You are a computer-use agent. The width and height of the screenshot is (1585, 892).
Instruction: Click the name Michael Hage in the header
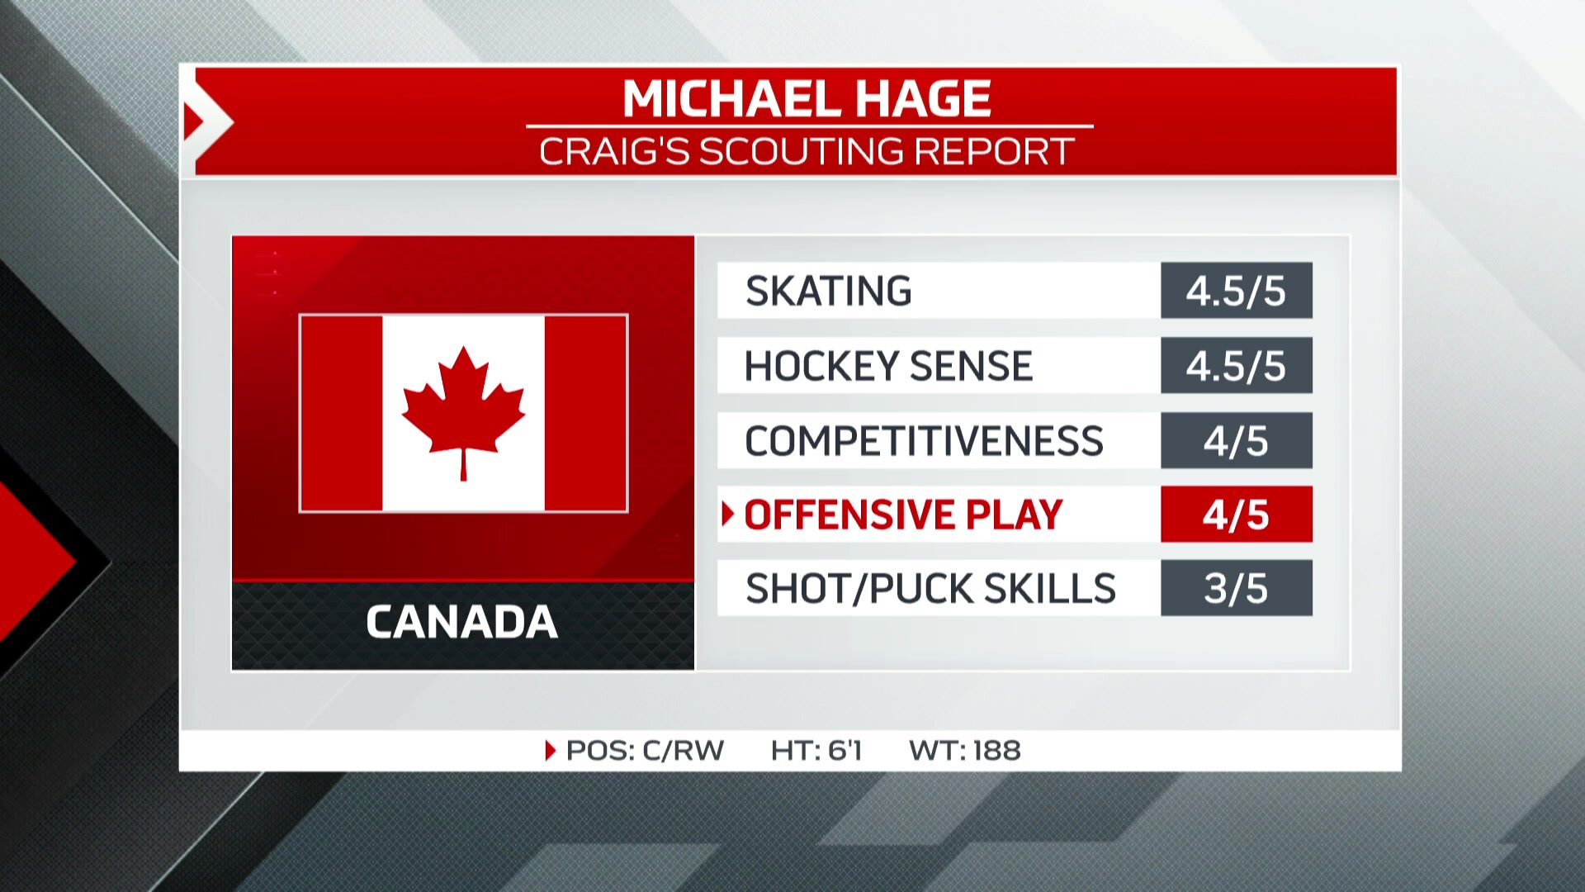[x=807, y=99]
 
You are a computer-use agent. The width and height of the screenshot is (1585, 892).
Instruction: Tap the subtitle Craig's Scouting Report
[x=807, y=152]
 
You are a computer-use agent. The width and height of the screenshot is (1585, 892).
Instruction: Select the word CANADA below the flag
[x=462, y=622]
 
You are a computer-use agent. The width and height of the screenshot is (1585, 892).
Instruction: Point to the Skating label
[x=828, y=291]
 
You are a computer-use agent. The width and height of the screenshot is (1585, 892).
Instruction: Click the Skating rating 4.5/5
[x=1236, y=291]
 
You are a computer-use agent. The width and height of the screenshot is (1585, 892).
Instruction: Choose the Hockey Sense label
[x=888, y=366]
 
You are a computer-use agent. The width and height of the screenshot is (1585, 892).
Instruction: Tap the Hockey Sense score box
[x=1236, y=366]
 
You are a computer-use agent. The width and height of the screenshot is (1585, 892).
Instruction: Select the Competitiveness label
[x=924, y=440]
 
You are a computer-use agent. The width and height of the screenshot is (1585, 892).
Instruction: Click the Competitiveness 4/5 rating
[x=1236, y=440]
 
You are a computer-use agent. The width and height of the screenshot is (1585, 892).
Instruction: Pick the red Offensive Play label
[x=903, y=515]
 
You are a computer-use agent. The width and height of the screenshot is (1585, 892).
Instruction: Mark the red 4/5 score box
[x=1236, y=515]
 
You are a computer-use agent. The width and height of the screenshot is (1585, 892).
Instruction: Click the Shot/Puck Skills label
[x=930, y=588]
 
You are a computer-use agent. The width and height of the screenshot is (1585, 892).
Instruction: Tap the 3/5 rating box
[x=1236, y=588]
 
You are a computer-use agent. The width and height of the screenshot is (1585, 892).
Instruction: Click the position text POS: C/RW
[x=645, y=750]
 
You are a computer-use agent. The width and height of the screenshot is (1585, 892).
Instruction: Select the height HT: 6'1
[x=816, y=750]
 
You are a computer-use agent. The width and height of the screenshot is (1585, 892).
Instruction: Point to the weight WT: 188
[x=964, y=750]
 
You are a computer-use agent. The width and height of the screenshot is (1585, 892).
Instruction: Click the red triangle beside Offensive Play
[x=727, y=514]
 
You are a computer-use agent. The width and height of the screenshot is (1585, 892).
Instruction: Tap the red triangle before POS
[x=551, y=750]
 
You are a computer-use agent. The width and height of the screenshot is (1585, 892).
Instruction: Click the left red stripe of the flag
[x=342, y=413]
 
